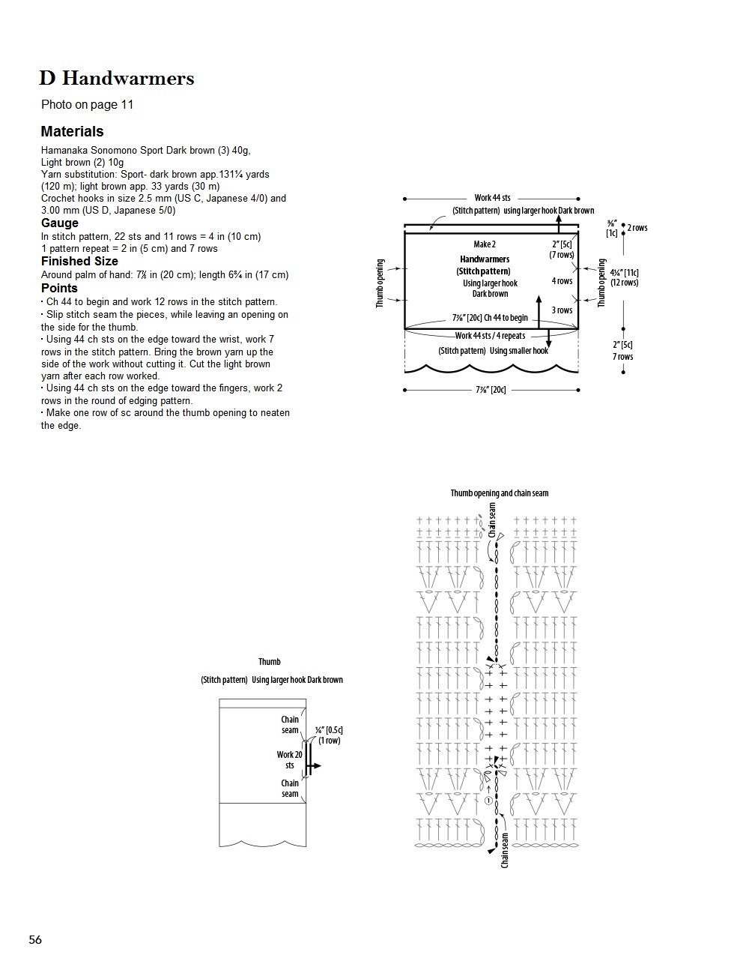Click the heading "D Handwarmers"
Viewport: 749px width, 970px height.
(x=117, y=78)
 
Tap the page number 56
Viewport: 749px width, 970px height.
(x=35, y=939)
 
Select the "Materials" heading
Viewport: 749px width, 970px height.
(x=72, y=131)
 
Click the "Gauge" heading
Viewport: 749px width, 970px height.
(x=60, y=223)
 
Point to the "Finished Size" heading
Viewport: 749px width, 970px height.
(x=79, y=261)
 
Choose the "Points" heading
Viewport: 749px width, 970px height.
(x=59, y=288)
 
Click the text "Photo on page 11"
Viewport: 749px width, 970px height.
(x=88, y=104)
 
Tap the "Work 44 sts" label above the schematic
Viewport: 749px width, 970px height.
(x=492, y=198)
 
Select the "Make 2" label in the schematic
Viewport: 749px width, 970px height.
(x=485, y=244)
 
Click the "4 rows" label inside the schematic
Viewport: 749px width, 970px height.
(x=562, y=281)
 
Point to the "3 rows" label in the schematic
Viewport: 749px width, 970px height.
(x=562, y=310)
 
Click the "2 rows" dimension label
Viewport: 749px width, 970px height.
(x=637, y=228)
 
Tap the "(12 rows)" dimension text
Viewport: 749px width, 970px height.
(x=624, y=283)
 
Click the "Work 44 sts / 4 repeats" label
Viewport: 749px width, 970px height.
(x=490, y=336)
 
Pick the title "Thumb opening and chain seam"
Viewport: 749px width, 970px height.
(x=500, y=492)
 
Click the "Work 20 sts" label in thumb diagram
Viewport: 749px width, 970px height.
(x=290, y=760)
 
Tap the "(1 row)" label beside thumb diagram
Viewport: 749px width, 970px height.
(x=329, y=741)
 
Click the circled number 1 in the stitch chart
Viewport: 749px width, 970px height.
(x=488, y=801)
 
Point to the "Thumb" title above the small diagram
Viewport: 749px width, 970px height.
(x=270, y=662)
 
